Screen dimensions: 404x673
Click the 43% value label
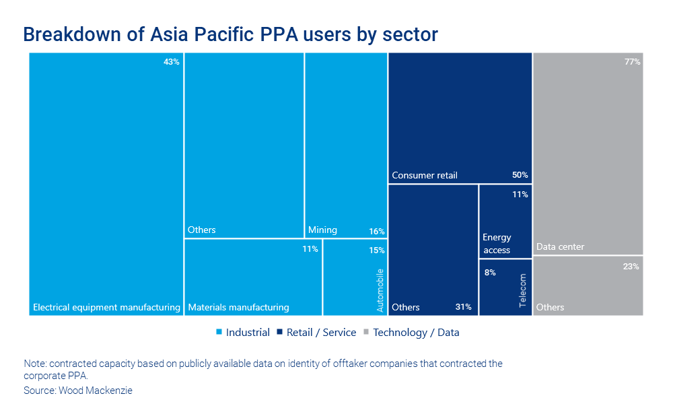[172, 62]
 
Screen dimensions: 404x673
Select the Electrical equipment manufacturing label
[106, 308]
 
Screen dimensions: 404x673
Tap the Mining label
[322, 230]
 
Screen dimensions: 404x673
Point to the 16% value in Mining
[377, 232]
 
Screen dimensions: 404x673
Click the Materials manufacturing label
[238, 308]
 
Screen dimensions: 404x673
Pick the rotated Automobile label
[380, 290]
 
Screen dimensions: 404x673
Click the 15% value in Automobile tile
[377, 250]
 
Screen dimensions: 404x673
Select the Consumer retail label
[425, 176]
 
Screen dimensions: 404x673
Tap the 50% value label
[520, 175]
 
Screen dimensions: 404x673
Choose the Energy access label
[497, 244]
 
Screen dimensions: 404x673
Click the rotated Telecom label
[524, 291]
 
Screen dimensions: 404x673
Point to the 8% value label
[490, 273]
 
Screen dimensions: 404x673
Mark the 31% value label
[463, 307]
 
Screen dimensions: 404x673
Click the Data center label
[560, 247]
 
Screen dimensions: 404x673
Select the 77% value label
[631, 62]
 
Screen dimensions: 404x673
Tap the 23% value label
[631, 267]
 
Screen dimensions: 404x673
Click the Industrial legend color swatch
[219, 333]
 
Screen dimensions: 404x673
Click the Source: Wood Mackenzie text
[78, 391]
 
